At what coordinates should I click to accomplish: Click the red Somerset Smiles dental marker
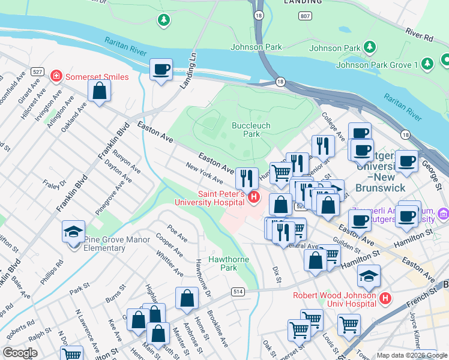[56, 77]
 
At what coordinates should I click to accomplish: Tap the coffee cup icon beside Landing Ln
[161, 70]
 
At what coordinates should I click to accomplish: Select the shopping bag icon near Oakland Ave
[99, 91]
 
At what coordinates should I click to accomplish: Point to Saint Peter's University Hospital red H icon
[254, 197]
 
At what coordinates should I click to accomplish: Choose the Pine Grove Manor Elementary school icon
[73, 233]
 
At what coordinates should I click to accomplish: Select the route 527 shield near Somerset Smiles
[38, 71]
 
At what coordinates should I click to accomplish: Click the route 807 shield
[306, 17]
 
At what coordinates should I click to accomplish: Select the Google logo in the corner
[20, 353]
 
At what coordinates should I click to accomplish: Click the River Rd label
[419, 34]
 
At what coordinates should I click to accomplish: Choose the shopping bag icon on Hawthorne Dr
[187, 298]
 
